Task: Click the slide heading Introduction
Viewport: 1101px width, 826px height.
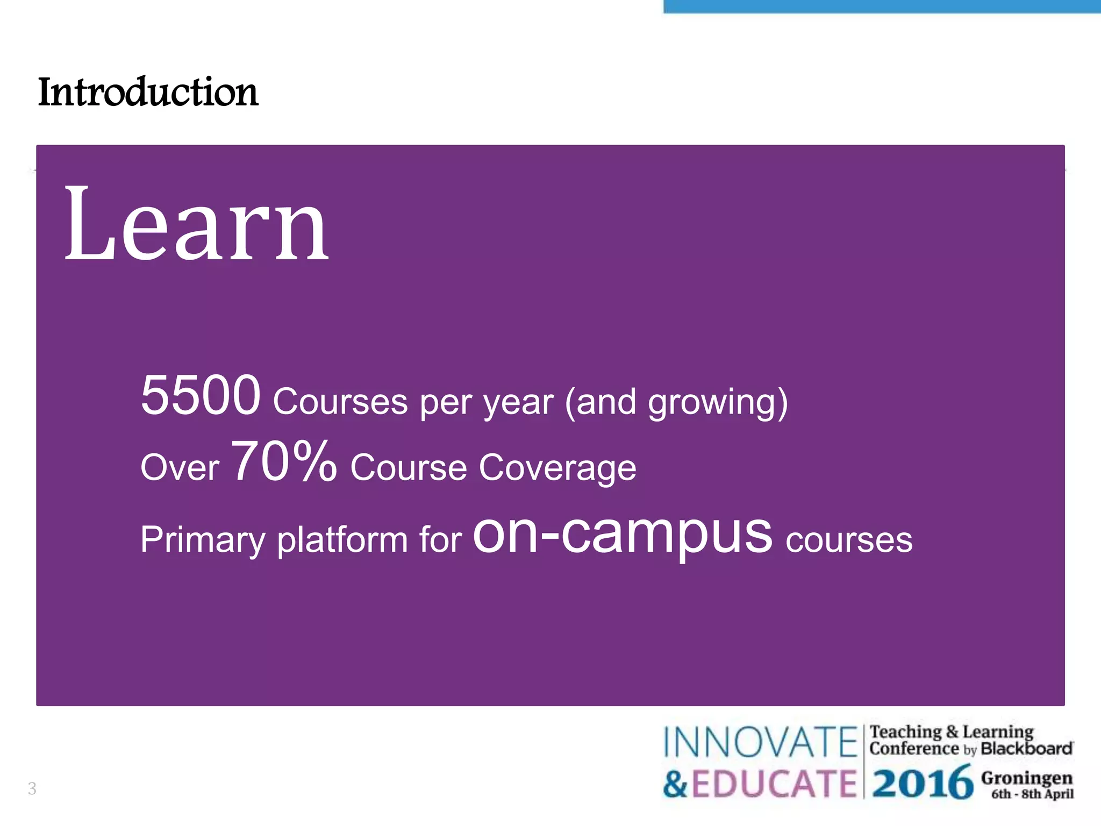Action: tap(148, 92)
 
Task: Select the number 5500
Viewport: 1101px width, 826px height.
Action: tap(201, 396)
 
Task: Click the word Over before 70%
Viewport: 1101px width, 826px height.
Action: tap(180, 468)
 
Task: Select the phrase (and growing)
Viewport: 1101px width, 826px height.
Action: tap(676, 402)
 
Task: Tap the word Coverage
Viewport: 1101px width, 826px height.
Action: tap(557, 468)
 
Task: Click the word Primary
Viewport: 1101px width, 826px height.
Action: tap(203, 540)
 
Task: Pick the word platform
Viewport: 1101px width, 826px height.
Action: tap(342, 540)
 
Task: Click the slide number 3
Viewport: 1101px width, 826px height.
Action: tap(32, 788)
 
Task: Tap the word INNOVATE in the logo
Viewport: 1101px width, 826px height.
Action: tap(760, 743)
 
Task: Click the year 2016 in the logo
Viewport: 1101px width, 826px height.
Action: tap(922, 784)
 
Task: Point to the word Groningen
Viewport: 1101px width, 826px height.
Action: tap(1026, 778)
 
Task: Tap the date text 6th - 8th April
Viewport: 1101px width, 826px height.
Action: tap(1032, 794)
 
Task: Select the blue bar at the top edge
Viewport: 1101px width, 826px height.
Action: tap(882, 6)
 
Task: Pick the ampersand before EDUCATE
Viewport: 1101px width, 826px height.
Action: tap(675, 784)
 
